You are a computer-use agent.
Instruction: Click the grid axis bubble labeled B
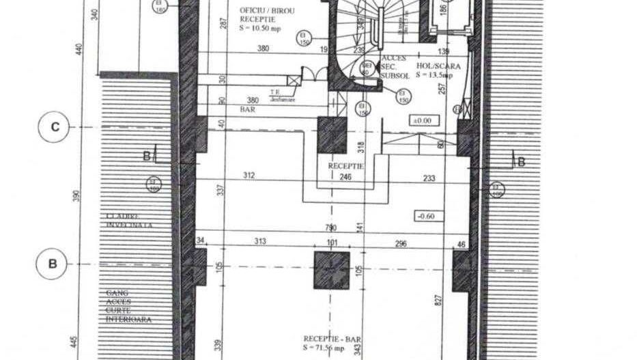click(53, 264)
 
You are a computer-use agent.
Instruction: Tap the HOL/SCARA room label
click(441, 71)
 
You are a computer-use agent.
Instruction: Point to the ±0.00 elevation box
click(421, 120)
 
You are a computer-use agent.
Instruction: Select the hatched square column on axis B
click(331, 271)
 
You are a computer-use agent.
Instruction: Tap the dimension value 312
click(249, 176)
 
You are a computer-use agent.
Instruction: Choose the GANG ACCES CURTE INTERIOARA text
click(128, 306)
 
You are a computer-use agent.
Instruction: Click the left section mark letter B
click(146, 156)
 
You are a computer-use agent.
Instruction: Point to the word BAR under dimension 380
click(246, 109)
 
